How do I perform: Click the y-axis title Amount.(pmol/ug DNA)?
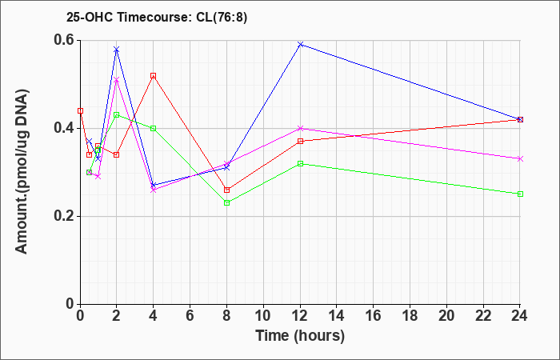click(22, 171)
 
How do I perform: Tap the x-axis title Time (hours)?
click(300, 336)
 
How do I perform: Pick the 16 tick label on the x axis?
click(374, 316)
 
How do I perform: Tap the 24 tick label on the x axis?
click(520, 316)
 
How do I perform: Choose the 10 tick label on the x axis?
click(263, 316)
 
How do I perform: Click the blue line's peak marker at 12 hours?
click(300, 45)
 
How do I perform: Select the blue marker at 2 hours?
click(117, 50)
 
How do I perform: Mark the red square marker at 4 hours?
click(154, 76)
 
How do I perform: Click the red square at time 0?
click(80, 110)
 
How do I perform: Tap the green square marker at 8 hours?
click(226, 203)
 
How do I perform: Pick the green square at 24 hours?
click(520, 194)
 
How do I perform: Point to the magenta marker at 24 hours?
click(520, 159)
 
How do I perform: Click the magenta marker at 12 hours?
click(300, 128)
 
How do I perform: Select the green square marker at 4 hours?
click(154, 128)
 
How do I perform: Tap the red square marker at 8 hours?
click(226, 190)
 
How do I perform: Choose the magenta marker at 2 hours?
click(117, 80)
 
